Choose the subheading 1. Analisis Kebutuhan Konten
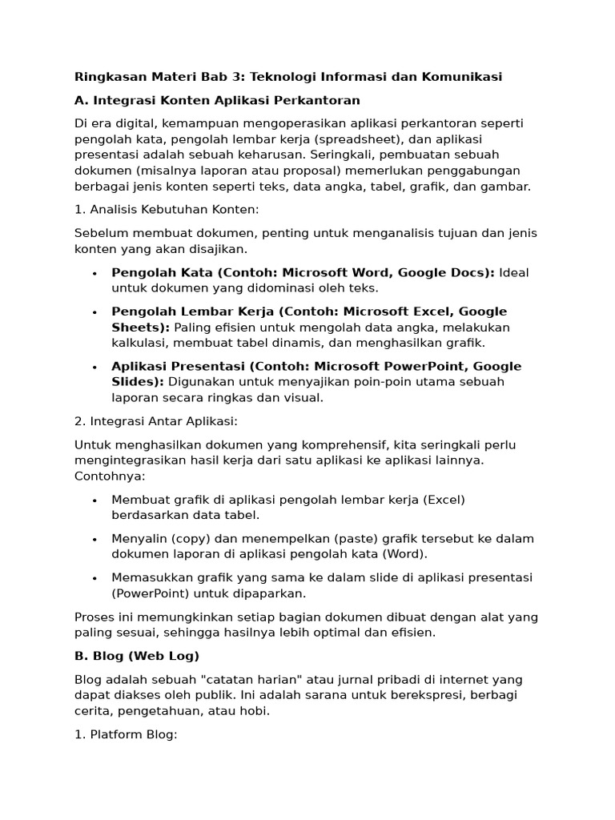(167, 210)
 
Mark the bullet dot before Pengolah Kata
(94, 273)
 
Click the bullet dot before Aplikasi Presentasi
(94, 367)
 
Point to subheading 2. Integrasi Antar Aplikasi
(156, 421)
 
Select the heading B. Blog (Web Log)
(136, 656)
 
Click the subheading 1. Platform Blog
(125, 734)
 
